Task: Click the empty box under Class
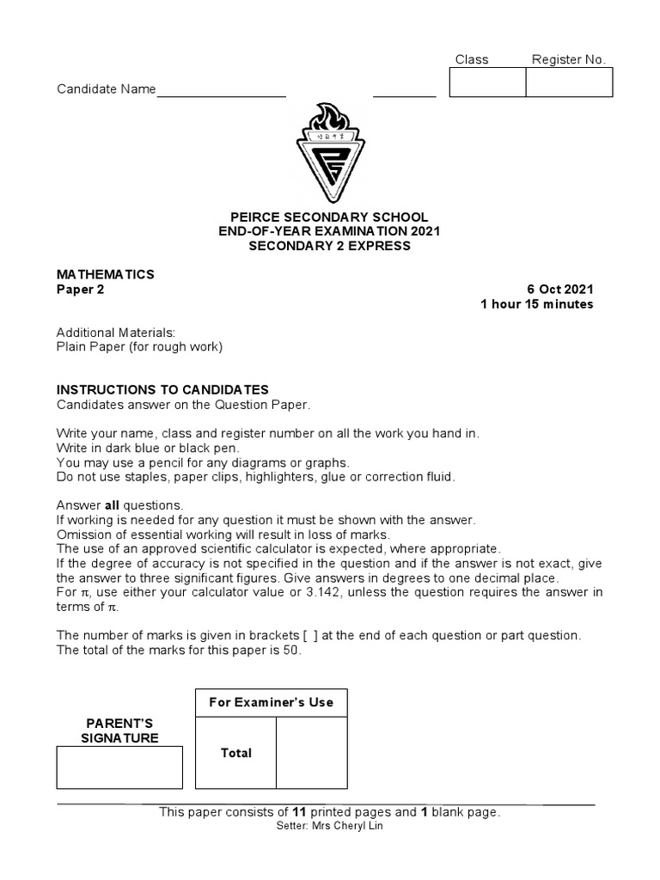(487, 82)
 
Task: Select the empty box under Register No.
(568, 82)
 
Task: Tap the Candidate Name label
(106, 89)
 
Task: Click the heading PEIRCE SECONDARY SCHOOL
(329, 217)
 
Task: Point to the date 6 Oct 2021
(559, 290)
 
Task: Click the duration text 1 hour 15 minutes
(537, 304)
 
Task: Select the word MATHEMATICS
(106, 274)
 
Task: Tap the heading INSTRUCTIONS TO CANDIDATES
(162, 389)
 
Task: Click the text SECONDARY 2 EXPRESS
(329, 246)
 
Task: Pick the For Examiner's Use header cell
(271, 702)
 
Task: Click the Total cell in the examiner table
(235, 753)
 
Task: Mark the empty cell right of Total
(311, 753)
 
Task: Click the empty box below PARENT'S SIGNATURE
(119, 767)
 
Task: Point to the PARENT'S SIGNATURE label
(119, 730)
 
